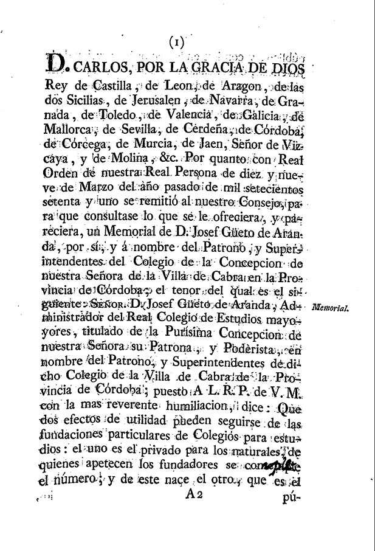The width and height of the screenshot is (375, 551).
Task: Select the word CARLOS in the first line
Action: click(100, 63)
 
